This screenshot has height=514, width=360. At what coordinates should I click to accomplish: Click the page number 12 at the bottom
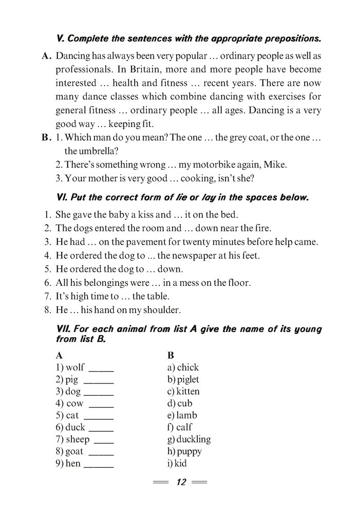click(x=181, y=482)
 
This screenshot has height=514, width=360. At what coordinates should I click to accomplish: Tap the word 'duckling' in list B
click(x=193, y=439)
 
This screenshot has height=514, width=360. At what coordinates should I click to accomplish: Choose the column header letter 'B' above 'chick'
click(x=171, y=355)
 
